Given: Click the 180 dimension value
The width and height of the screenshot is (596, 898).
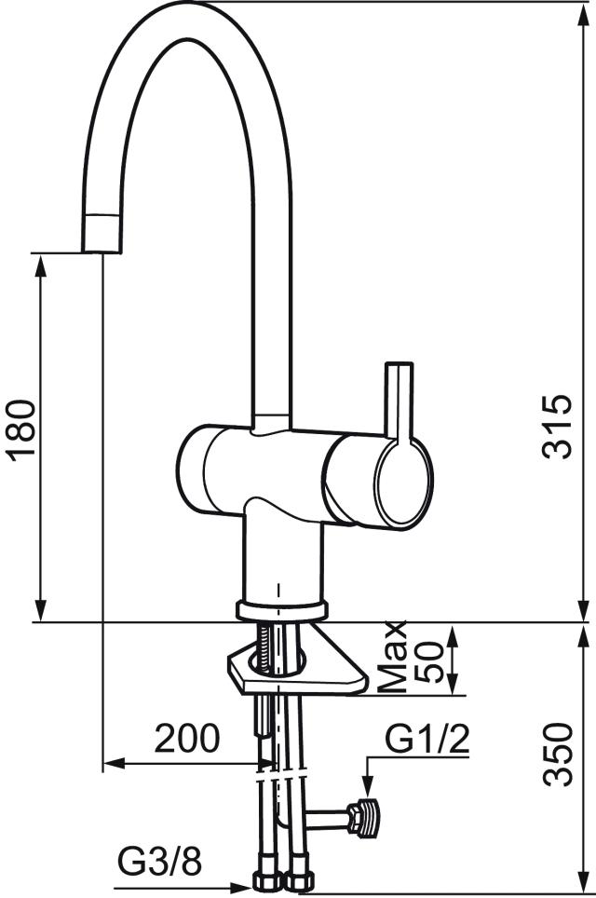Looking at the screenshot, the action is [x=23, y=429].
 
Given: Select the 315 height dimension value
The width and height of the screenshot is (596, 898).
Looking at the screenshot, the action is [x=557, y=426].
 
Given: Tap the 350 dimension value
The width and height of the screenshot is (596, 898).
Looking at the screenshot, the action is [x=557, y=755].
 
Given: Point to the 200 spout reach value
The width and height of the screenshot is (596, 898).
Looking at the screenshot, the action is [x=187, y=738].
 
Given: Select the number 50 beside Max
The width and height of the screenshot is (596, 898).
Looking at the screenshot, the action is [x=429, y=662].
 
